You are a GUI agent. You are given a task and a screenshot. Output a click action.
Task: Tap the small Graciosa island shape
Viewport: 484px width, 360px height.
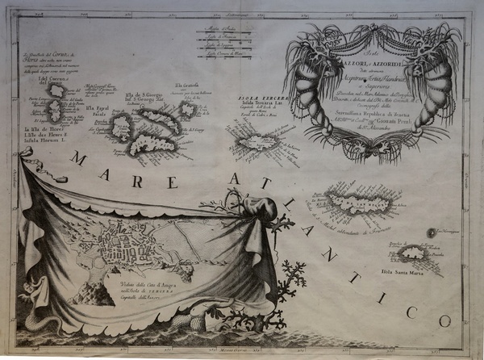tap(186, 109)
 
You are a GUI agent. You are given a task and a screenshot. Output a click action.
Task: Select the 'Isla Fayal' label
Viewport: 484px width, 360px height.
tap(96, 109)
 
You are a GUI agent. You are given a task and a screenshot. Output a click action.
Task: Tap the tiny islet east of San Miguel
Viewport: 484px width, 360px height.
tap(432, 232)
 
